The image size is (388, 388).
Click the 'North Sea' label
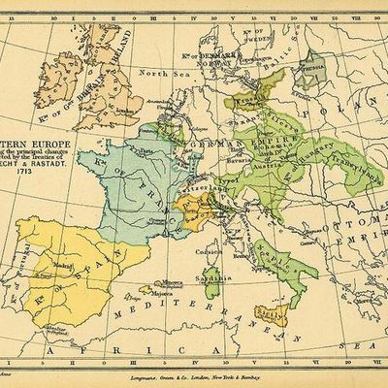(156, 74)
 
